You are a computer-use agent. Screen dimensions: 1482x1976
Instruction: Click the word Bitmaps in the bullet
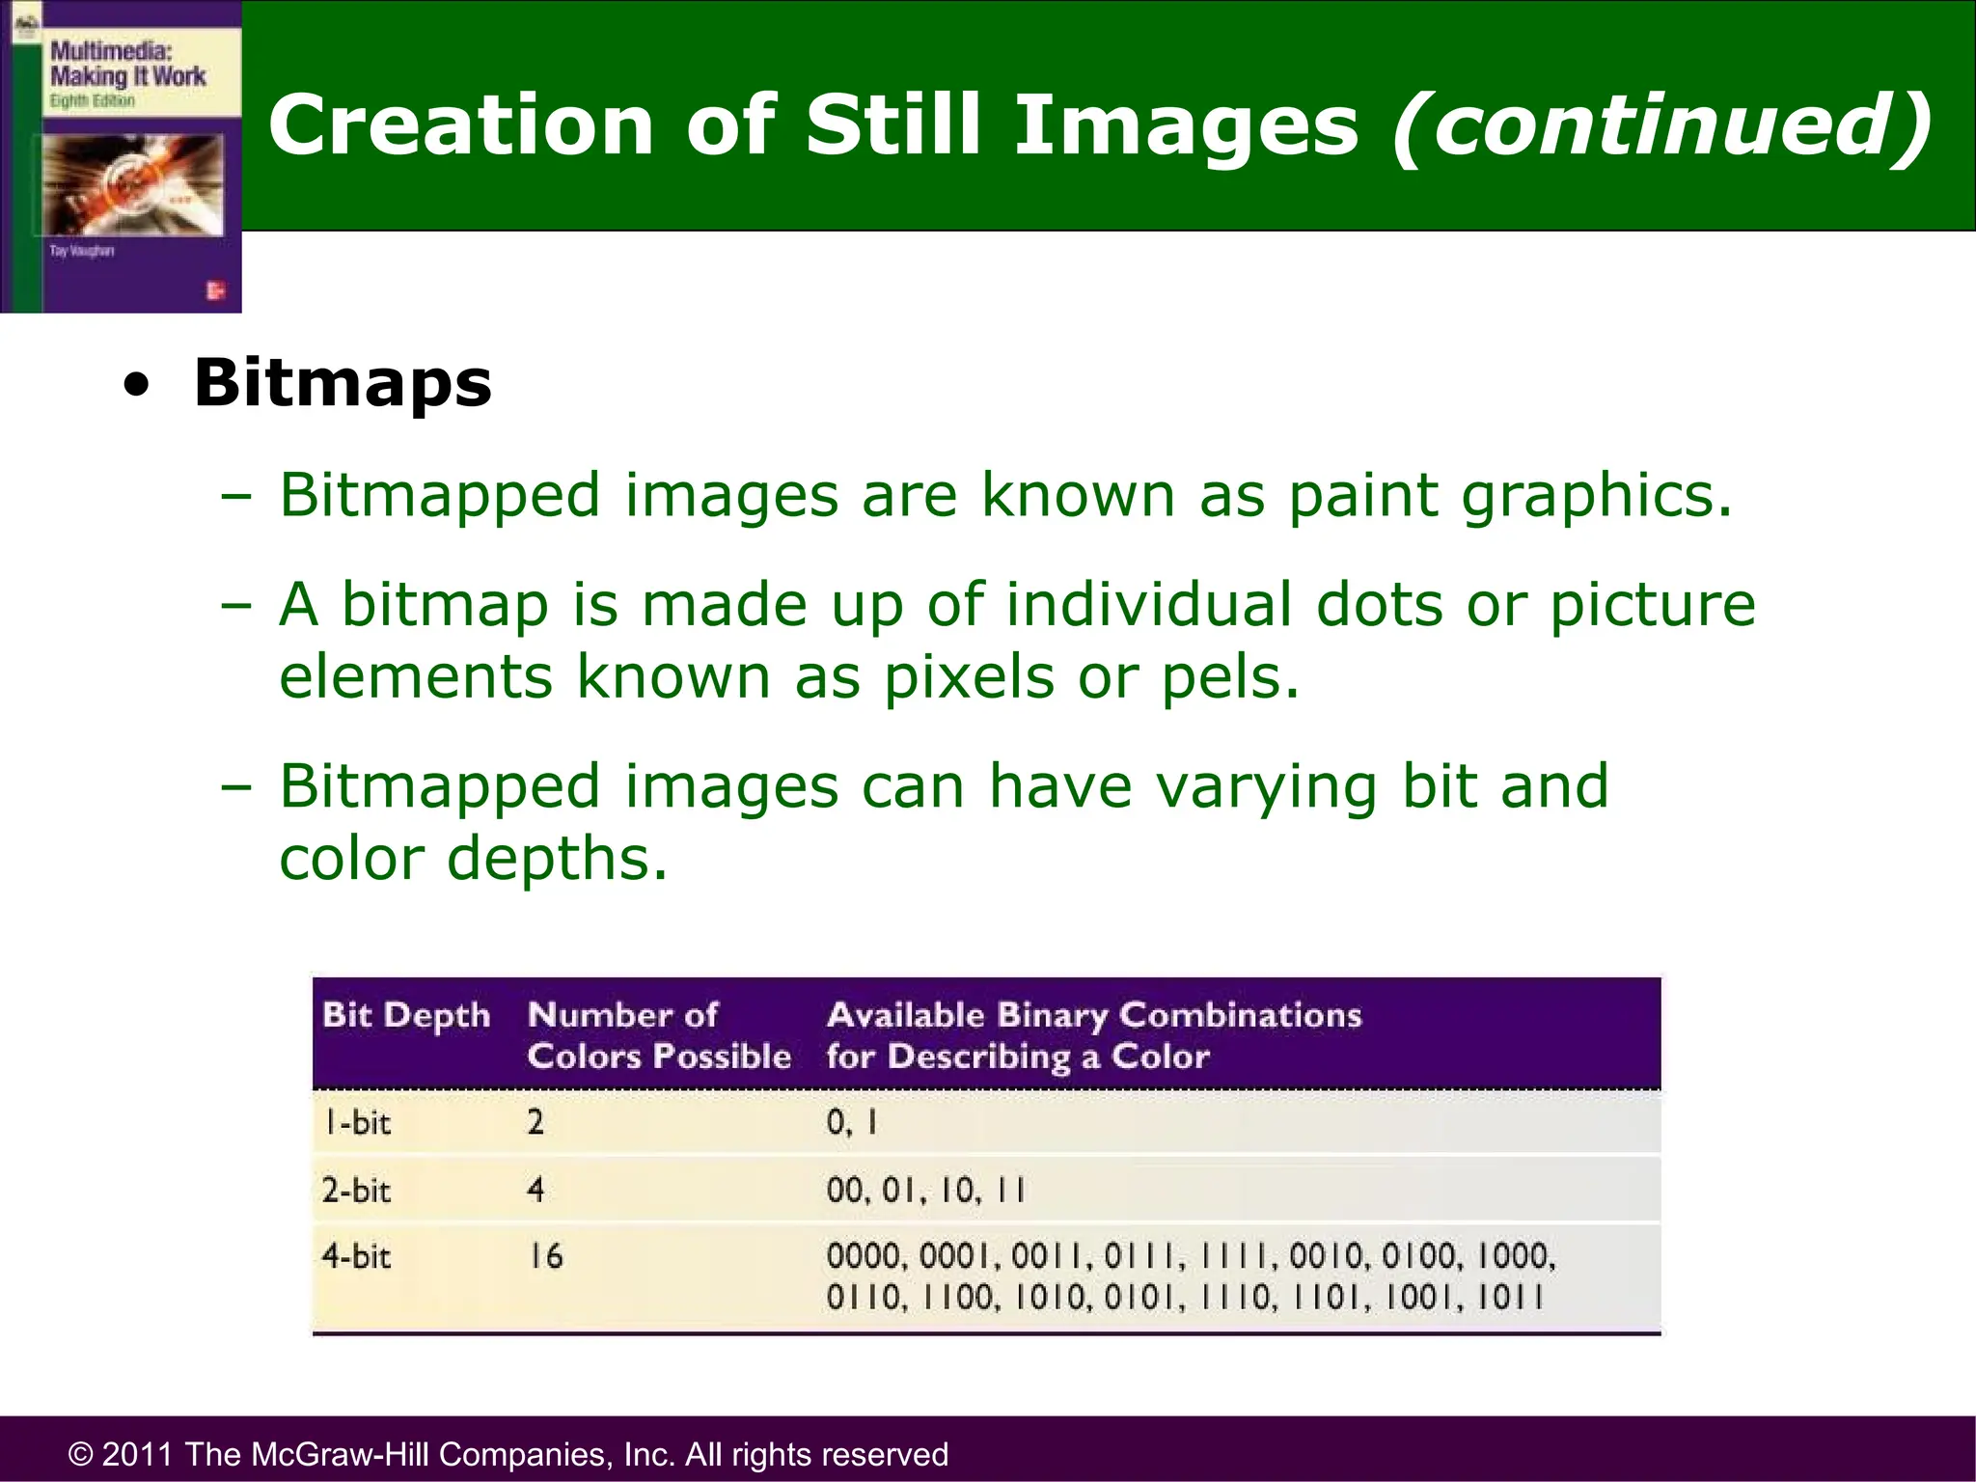click(343, 383)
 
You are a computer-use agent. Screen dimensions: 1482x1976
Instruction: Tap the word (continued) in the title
click(1661, 125)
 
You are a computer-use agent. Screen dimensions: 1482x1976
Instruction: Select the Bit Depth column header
click(406, 1015)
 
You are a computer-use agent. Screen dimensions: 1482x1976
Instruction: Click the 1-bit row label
click(356, 1122)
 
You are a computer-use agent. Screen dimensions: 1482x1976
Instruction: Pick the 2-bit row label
click(356, 1190)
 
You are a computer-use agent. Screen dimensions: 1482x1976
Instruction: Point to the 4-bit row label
click(356, 1256)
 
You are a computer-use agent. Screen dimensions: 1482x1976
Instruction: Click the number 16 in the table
click(545, 1256)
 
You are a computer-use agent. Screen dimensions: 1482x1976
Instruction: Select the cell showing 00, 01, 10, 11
click(926, 1190)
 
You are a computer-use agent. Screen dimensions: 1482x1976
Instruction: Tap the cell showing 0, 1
click(852, 1122)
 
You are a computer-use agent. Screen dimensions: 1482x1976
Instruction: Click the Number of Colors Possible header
click(658, 1035)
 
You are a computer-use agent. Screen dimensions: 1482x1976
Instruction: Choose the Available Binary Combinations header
click(1093, 1035)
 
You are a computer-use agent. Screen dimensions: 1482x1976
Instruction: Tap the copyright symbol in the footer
click(80, 1455)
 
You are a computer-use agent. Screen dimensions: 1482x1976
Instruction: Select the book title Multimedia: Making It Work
click(127, 64)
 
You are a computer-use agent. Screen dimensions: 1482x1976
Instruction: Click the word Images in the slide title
click(1186, 125)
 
